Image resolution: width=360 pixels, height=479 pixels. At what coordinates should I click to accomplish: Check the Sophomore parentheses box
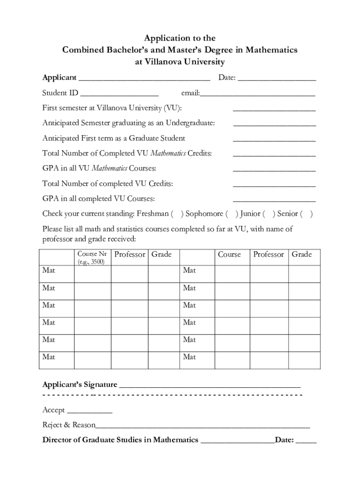pyautogui.click(x=231, y=214)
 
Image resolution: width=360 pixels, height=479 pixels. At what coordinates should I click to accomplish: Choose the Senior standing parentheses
pyautogui.click(x=306, y=214)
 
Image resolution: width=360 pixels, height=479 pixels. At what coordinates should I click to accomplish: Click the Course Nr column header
pyautogui.click(x=92, y=254)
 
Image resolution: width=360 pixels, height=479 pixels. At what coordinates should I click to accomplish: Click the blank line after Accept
pyautogui.click(x=90, y=412)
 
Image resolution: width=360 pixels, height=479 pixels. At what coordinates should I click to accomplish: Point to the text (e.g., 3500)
pyautogui.click(x=91, y=262)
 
